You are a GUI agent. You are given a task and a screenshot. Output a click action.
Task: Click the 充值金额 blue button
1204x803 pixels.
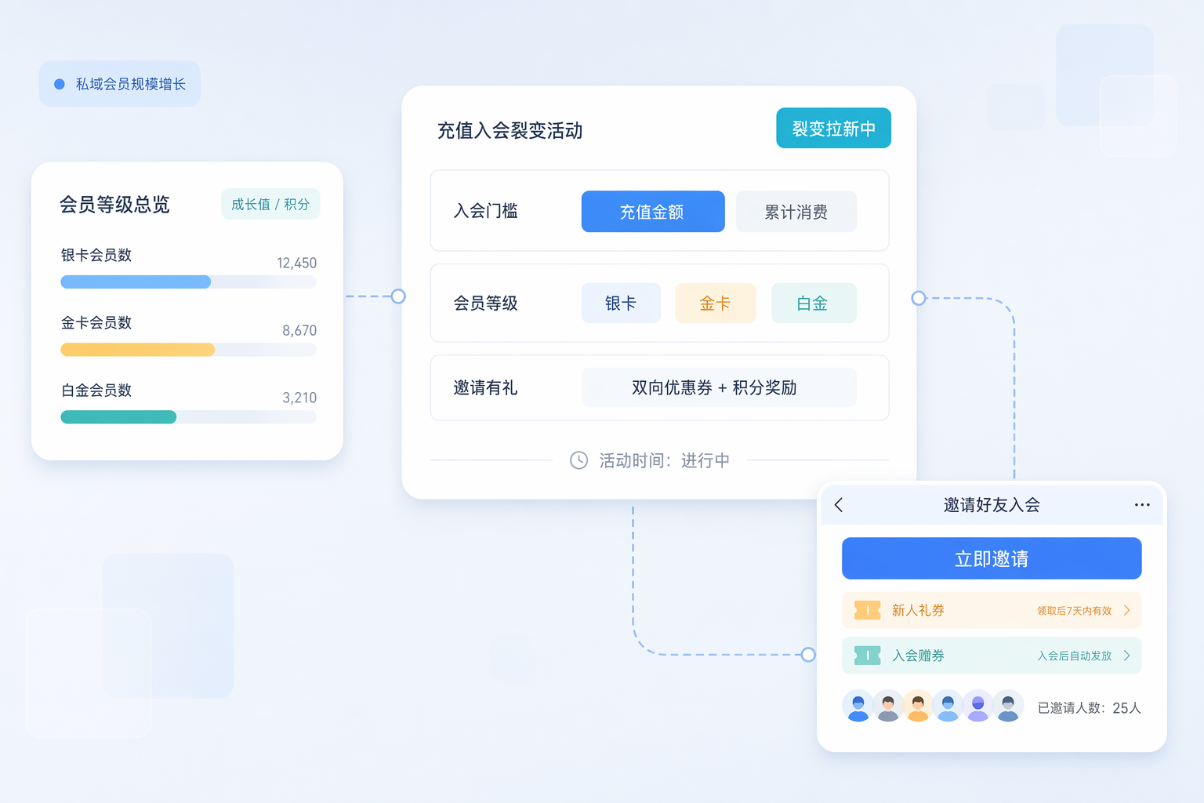(652, 212)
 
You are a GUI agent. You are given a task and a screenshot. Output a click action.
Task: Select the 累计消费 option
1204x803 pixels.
(796, 212)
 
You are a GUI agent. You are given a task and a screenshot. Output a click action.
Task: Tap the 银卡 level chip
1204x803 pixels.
(621, 303)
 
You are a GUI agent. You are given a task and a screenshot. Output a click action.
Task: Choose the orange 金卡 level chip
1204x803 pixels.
(716, 303)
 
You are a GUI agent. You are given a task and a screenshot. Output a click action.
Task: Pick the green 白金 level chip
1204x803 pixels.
(814, 303)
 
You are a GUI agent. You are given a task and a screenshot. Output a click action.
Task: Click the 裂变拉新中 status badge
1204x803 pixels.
(834, 128)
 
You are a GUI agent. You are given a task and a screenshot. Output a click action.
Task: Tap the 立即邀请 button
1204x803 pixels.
(992, 558)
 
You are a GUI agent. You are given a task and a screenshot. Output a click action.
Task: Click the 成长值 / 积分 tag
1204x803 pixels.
(270, 204)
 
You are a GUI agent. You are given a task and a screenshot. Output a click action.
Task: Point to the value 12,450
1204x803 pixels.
(297, 263)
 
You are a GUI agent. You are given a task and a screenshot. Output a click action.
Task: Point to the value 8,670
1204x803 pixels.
(299, 330)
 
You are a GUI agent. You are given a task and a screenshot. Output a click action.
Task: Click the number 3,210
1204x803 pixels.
(299, 398)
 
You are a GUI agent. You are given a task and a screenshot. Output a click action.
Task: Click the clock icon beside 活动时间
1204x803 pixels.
(579, 460)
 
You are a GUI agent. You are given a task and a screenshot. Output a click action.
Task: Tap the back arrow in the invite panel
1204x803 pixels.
(839, 504)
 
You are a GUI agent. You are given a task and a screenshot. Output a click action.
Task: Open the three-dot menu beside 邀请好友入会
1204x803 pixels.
(1142, 504)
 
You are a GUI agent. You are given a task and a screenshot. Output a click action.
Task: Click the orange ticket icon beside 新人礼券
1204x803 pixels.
(867, 610)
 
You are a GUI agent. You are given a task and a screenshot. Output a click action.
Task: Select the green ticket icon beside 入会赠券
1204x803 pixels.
(867, 655)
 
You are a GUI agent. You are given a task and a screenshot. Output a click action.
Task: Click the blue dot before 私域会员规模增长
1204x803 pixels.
(60, 84)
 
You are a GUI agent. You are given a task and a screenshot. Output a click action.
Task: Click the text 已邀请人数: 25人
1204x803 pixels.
(1089, 708)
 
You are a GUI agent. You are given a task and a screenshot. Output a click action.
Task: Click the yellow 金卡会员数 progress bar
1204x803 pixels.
(138, 350)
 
